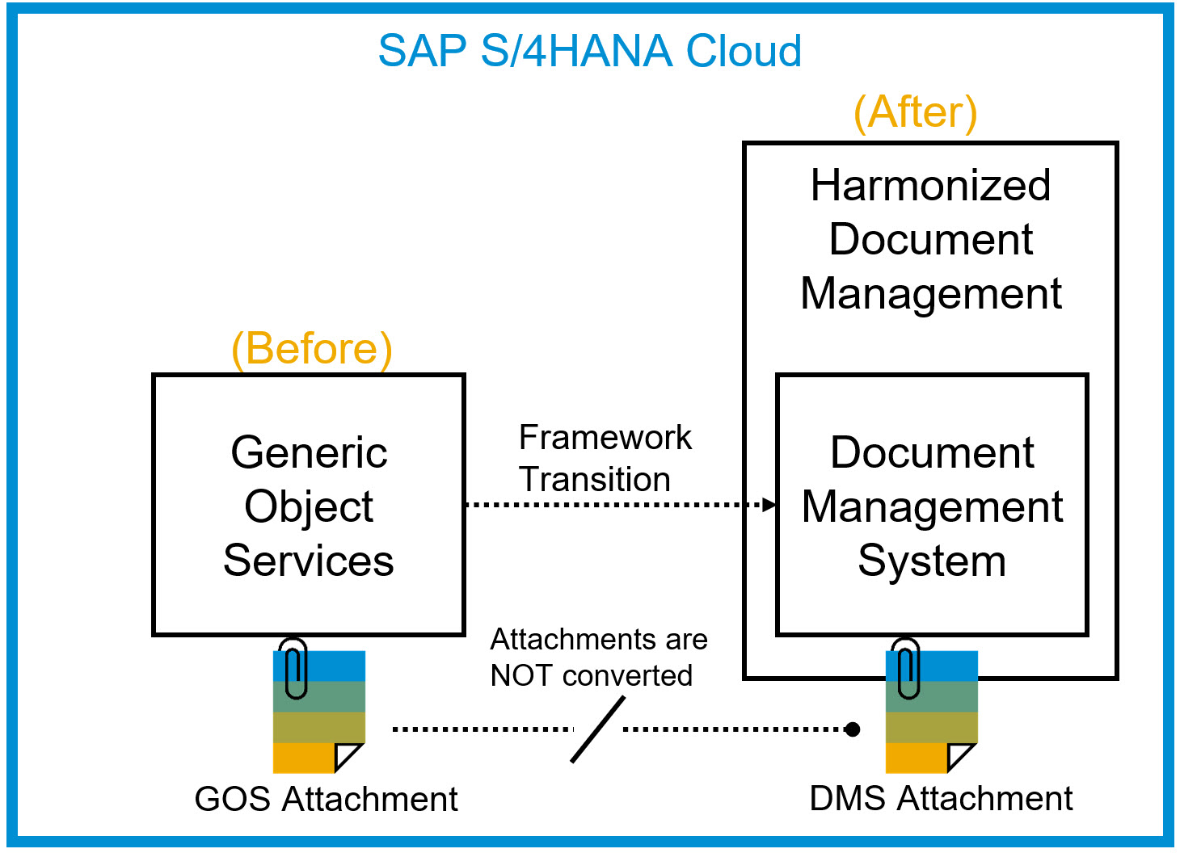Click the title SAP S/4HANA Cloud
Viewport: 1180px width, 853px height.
pyautogui.click(x=589, y=51)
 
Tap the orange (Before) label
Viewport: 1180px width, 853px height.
pyautogui.click(x=312, y=348)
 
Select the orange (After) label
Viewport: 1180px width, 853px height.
pyautogui.click(x=916, y=111)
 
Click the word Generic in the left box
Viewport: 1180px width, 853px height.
pyautogui.click(x=309, y=452)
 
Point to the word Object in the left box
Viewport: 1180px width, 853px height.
pyautogui.click(x=309, y=506)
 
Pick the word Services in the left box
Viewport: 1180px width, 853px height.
pyautogui.click(x=309, y=561)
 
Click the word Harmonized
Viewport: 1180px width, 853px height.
pyautogui.click(x=930, y=185)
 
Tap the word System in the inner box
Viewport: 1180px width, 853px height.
pyautogui.click(x=932, y=561)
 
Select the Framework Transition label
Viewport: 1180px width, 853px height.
pyautogui.click(x=605, y=458)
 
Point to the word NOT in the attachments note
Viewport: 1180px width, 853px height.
pyautogui.click(x=521, y=675)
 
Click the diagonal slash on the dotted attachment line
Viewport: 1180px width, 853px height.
pyautogui.click(x=598, y=729)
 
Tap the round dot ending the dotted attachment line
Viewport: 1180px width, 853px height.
pyautogui.click(x=852, y=729)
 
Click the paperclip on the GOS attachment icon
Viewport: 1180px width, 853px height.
pyautogui.click(x=294, y=666)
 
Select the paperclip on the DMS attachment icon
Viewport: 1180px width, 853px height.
pyautogui.click(x=907, y=666)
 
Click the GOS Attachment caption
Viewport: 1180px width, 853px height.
pyautogui.click(x=326, y=799)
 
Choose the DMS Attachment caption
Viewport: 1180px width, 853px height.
pyautogui.click(x=941, y=798)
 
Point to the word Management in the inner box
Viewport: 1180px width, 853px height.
pyautogui.click(x=932, y=506)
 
